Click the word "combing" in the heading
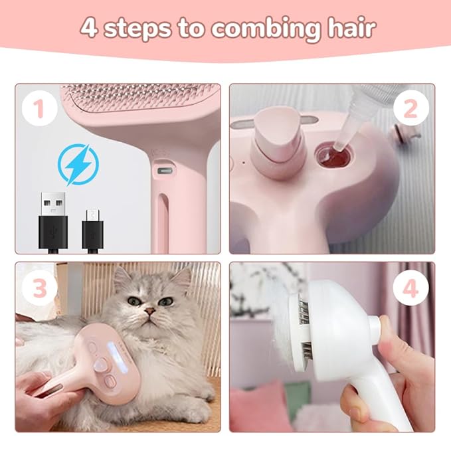tap(256, 29)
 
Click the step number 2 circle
tap(410, 109)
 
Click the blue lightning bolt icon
tap(78, 164)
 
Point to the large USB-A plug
tap(52, 219)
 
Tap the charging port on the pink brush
tap(161, 171)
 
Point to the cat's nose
tap(151, 310)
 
